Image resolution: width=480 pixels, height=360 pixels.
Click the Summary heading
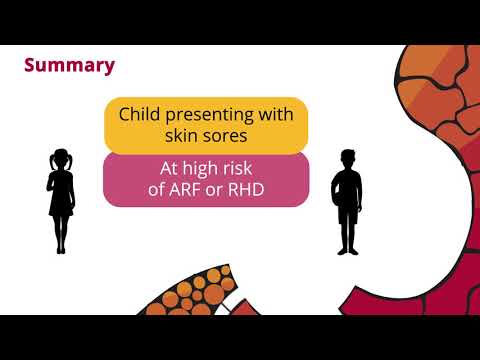(x=69, y=66)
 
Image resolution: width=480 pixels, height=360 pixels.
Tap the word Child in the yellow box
(x=141, y=115)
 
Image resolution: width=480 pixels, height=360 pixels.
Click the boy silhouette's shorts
(x=348, y=212)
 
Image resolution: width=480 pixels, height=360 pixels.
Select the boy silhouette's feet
(x=348, y=250)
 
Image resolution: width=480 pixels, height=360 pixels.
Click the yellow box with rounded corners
(x=205, y=124)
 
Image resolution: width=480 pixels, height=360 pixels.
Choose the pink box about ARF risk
(x=205, y=179)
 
